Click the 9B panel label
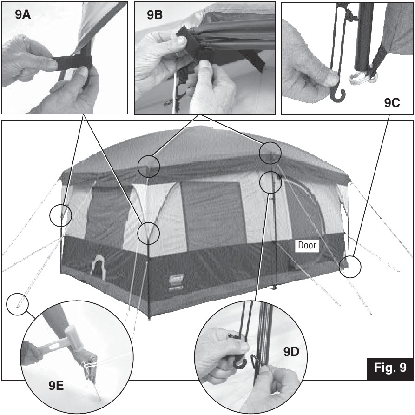(x=155, y=14)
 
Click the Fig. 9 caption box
(x=389, y=368)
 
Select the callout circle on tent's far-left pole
(x=61, y=215)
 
